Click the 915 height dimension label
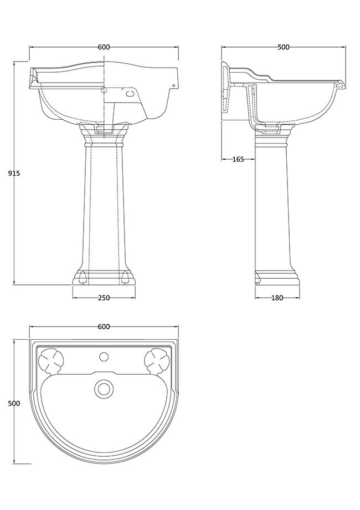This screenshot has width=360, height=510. (x=14, y=174)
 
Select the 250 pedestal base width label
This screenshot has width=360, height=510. (x=104, y=298)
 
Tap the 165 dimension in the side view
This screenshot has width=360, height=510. (x=238, y=160)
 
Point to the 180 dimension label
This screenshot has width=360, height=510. (x=277, y=298)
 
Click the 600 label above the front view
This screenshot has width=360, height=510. (x=104, y=47)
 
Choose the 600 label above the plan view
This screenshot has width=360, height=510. (x=104, y=327)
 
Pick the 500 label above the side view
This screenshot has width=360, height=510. (x=284, y=47)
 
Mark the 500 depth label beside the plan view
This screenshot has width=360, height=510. (x=14, y=404)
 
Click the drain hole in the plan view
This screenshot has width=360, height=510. (x=104, y=388)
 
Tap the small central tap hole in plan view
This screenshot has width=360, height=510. (x=104, y=357)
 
